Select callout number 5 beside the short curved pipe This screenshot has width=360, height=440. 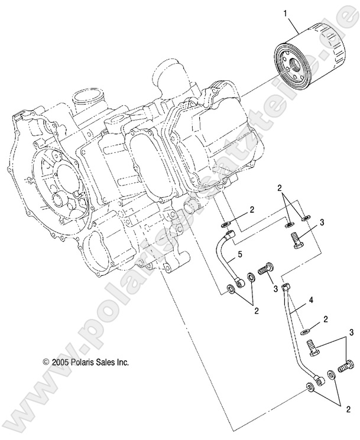(241, 255)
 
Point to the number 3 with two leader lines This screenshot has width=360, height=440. (350, 334)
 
